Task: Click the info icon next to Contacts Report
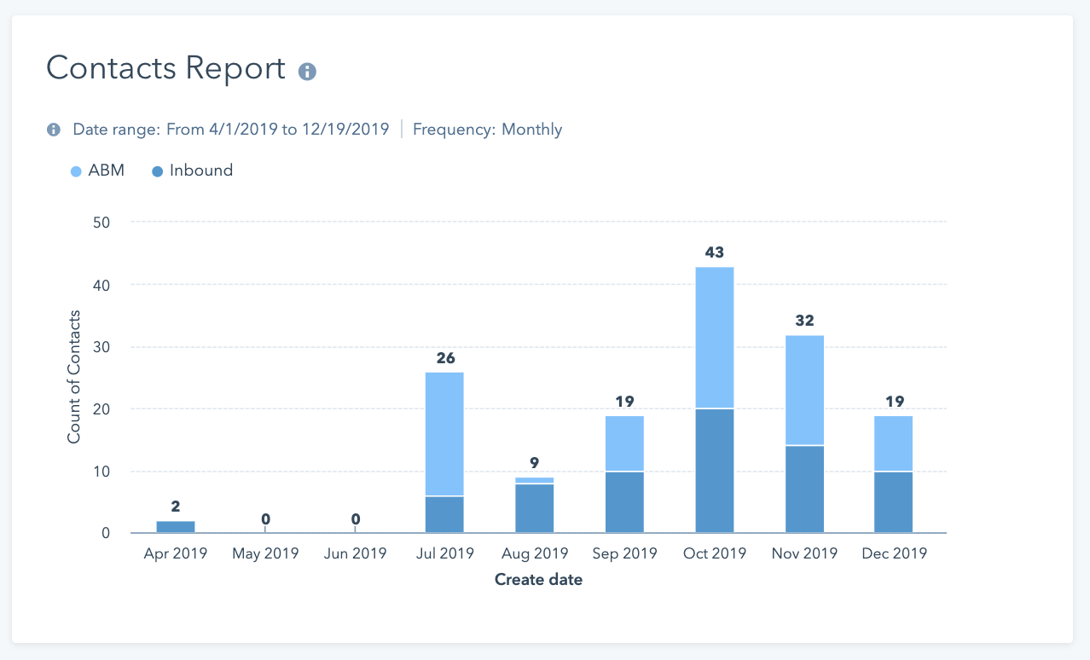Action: [x=307, y=72]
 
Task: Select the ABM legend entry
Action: [x=98, y=171]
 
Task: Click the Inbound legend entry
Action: [x=192, y=171]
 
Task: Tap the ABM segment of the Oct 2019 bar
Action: [x=715, y=338]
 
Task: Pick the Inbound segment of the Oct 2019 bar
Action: [x=715, y=471]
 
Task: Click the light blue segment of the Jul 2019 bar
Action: [x=444, y=434]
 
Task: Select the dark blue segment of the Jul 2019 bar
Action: [x=444, y=514]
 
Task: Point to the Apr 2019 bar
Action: [x=175, y=527]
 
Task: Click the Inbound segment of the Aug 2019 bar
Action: [x=535, y=508]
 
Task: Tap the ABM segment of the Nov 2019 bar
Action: [x=804, y=390]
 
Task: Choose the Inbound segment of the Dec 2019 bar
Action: [x=893, y=502]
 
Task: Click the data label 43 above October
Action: [x=715, y=252]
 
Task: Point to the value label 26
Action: [x=445, y=358]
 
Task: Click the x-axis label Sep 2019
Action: [x=625, y=553]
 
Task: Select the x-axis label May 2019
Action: [x=265, y=553]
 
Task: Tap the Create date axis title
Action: [x=538, y=580]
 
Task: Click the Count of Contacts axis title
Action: [x=74, y=377]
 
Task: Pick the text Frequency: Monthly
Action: [x=487, y=130]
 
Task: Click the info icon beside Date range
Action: [x=54, y=130]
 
